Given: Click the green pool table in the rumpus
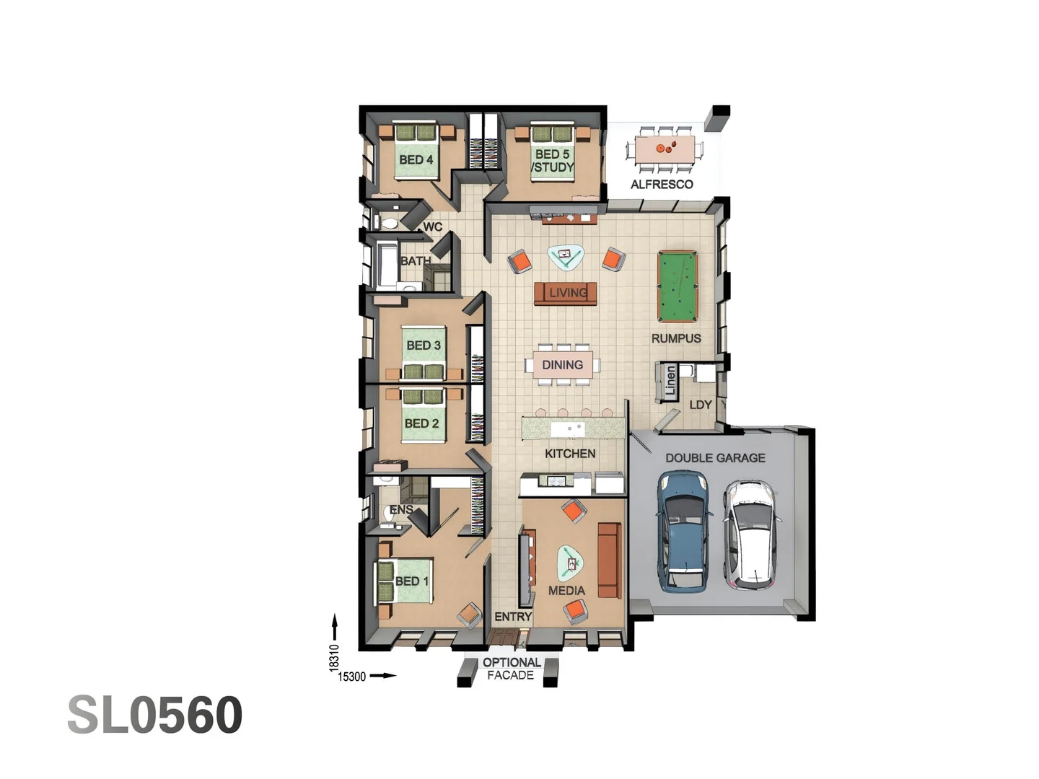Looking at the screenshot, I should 678,286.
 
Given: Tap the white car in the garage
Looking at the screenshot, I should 751,534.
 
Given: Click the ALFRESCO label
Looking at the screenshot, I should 662,185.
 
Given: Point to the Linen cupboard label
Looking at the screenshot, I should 670,381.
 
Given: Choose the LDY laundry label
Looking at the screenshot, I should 701,405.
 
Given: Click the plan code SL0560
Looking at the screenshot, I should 154,716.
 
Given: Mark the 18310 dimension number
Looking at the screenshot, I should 334,658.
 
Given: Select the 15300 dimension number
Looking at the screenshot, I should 352,677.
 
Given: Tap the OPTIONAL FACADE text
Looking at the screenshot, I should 511,669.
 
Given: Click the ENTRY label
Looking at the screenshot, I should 513,617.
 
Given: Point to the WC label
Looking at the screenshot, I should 433,227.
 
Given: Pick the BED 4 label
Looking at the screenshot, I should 416,159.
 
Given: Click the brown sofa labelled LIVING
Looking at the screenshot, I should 566,293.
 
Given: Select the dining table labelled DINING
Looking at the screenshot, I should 563,365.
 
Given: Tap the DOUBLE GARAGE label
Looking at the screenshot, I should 715,458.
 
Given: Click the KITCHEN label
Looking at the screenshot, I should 570,454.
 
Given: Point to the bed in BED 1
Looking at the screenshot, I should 404,581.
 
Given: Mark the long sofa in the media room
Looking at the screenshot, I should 609,560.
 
